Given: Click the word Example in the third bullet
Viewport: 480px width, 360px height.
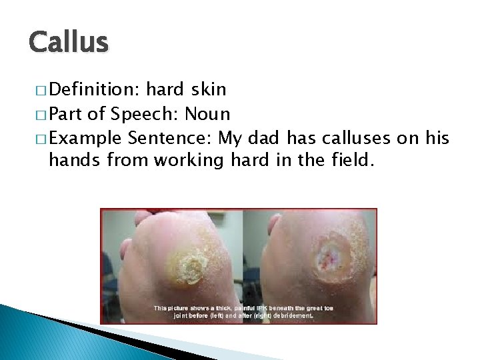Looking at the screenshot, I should (85, 139).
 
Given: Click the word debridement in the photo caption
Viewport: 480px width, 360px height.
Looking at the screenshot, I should (288, 317).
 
